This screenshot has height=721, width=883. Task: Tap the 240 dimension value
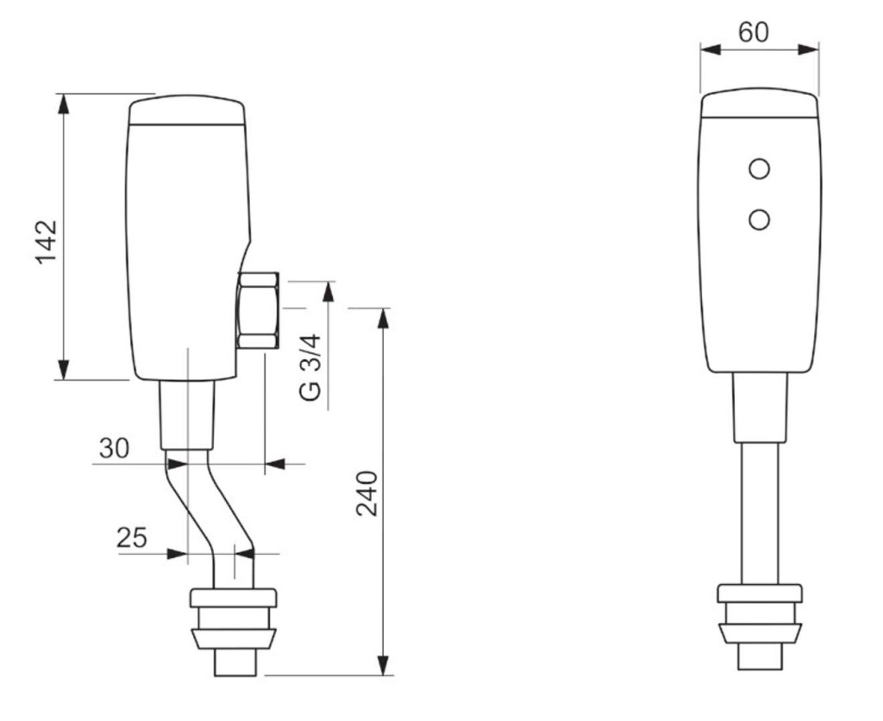[367, 493]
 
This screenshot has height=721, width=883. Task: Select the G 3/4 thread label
[311, 367]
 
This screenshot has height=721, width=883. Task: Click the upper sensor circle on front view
[760, 170]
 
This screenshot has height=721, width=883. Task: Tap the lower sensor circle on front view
[760, 221]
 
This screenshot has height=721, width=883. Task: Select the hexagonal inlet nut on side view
[259, 311]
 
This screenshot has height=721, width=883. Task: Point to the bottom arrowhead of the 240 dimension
[383, 666]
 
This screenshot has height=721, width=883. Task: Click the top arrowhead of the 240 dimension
[383, 318]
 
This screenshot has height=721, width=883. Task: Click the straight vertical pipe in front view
[760, 513]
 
